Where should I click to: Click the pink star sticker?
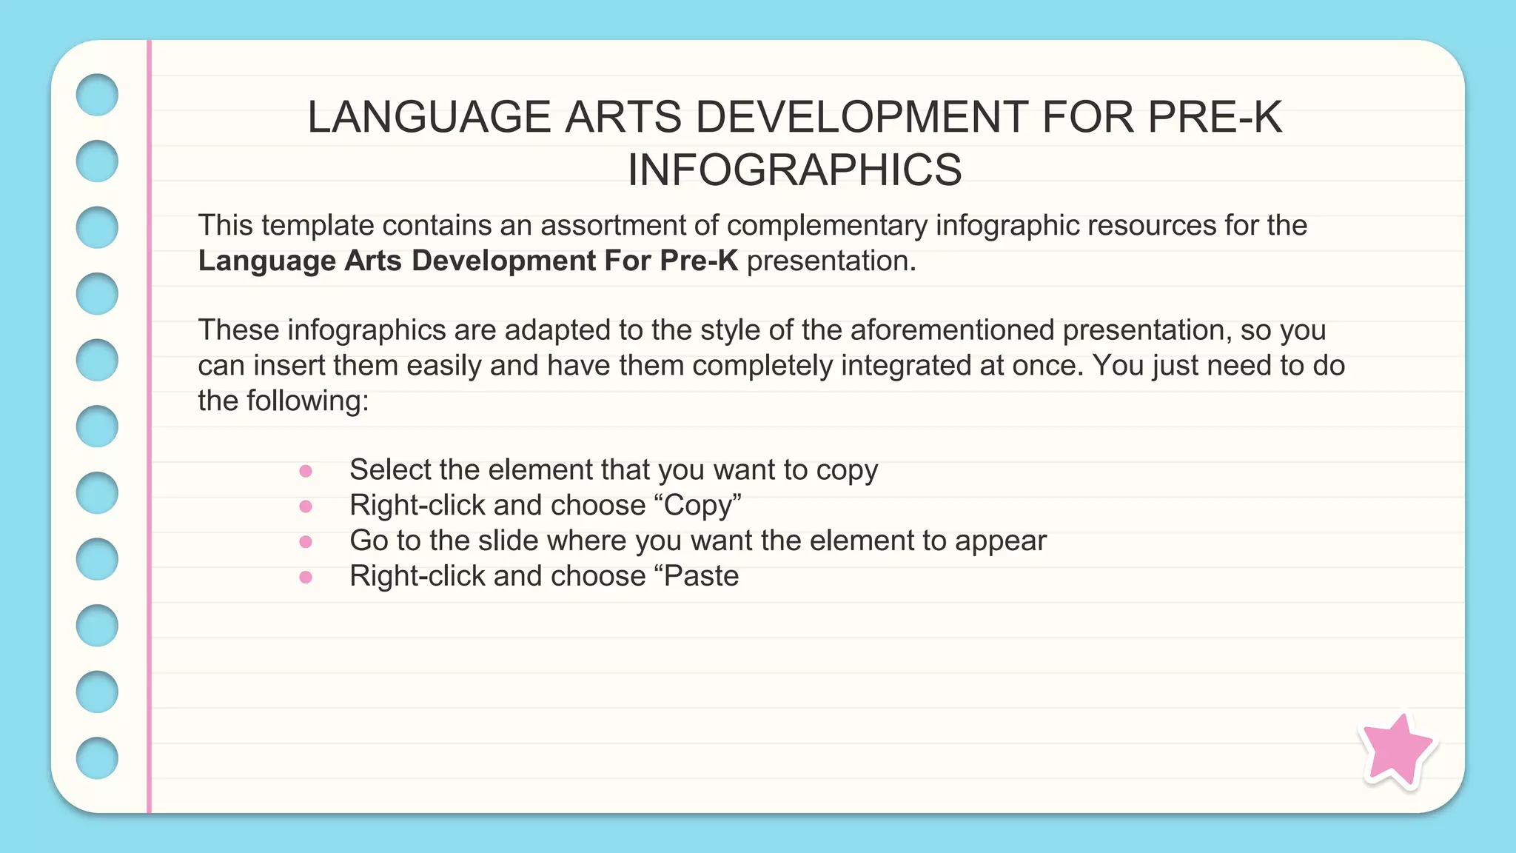coord(1396,751)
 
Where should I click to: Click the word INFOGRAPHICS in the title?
coord(794,170)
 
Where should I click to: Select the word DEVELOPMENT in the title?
coord(861,117)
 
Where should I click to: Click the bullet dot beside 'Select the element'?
coord(306,471)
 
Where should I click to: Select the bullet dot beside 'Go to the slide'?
coord(306,542)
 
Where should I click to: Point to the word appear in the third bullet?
coord(1000,541)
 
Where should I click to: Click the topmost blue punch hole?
coord(97,95)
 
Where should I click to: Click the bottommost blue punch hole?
coord(97,758)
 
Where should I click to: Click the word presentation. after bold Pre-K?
coord(831,261)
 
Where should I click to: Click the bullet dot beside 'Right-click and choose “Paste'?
coord(306,578)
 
